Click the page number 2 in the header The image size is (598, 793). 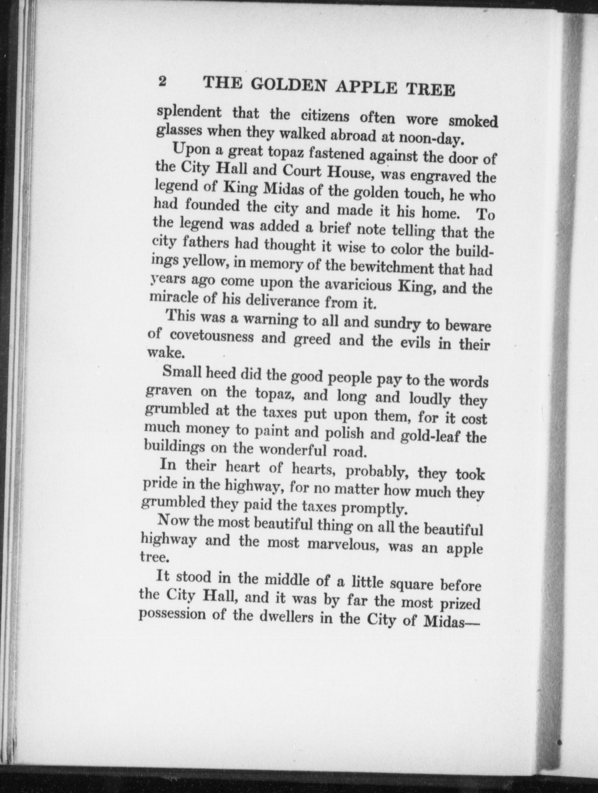tap(162, 82)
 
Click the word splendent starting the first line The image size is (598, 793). tap(189, 113)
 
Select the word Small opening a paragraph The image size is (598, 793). tap(182, 372)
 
